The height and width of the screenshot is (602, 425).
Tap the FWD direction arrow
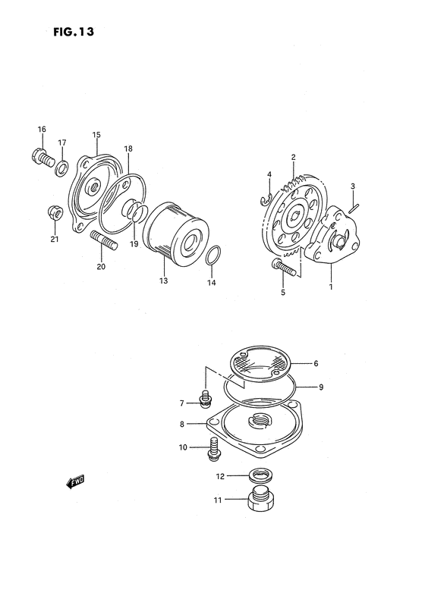point(74,481)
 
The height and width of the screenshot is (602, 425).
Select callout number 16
point(42,129)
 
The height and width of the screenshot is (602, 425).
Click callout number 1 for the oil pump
point(331,287)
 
